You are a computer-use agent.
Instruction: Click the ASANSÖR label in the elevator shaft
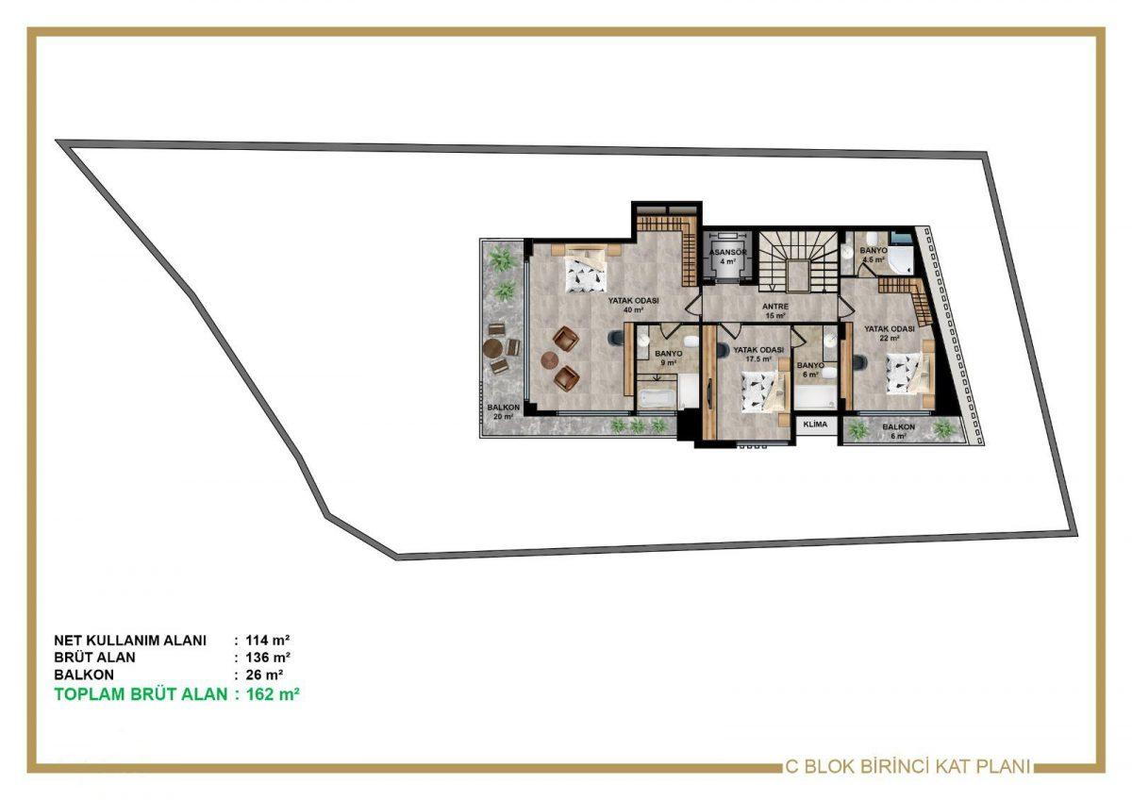(x=727, y=252)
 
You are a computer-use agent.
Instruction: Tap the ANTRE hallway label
(x=775, y=307)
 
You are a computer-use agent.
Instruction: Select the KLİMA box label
(x=815, y=424)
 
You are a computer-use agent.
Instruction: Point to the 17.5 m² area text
(x=759, y=358)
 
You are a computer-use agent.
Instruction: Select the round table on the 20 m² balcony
(x=492, y=348)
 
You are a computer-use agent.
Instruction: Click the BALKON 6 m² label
(x=898, y=431)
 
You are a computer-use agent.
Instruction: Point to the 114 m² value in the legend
(x=268, y=641)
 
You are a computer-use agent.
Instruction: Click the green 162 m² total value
(x=273, y=694)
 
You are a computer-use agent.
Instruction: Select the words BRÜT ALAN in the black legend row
(x=94, y=658)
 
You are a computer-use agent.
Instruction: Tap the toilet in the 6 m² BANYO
(x=830, y=373)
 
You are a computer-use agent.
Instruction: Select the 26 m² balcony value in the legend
(x=264, y=675)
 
